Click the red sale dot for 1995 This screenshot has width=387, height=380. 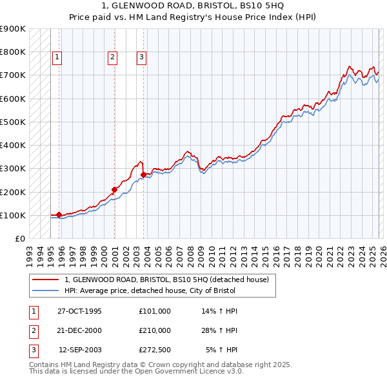[59, 214]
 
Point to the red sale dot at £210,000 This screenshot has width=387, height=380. [114, 189]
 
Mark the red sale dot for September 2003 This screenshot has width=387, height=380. [143, 175]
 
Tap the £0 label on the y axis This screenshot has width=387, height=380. [19, 239]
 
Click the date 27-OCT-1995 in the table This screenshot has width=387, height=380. [79, 311]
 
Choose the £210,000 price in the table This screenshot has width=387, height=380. [154, 330]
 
